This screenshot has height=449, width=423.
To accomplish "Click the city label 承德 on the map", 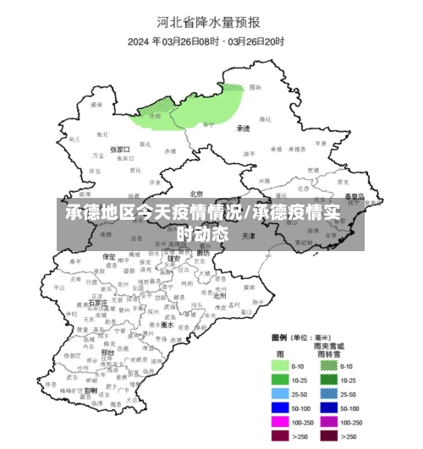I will [x=244, y=129].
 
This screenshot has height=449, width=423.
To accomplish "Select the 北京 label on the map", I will [x=197, y=193].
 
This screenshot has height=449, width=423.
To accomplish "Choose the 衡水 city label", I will [x=168, y=325].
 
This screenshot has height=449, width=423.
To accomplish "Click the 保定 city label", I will [x=109, y=256].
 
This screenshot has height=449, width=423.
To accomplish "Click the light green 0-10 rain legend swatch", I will [x=282, y=366].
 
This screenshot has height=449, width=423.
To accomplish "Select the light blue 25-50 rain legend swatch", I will [x=282, y=393].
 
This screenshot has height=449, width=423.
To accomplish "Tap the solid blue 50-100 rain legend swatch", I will [x=282, y=408].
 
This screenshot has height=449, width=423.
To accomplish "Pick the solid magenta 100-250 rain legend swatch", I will [x=282, y=421].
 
